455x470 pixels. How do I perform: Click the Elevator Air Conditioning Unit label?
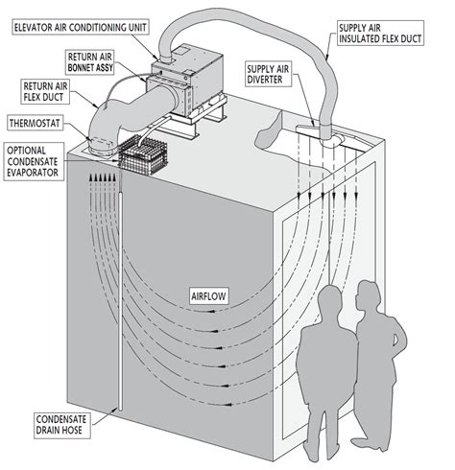81,28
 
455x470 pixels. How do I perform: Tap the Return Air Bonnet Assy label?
90,62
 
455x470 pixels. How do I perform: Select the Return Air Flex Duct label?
45,92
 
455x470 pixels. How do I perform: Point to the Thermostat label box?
35,124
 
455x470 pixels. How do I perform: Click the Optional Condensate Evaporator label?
34,161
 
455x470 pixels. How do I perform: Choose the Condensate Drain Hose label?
61,425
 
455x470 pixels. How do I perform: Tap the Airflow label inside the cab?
209,296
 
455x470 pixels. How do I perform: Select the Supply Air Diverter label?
268,74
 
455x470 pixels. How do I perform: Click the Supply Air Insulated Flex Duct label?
380,34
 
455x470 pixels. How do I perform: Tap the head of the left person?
330,300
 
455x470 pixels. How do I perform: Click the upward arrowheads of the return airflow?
102,177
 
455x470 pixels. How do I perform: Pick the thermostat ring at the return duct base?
100,143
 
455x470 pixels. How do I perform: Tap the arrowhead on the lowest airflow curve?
228,404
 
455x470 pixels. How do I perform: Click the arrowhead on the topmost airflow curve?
210,311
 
